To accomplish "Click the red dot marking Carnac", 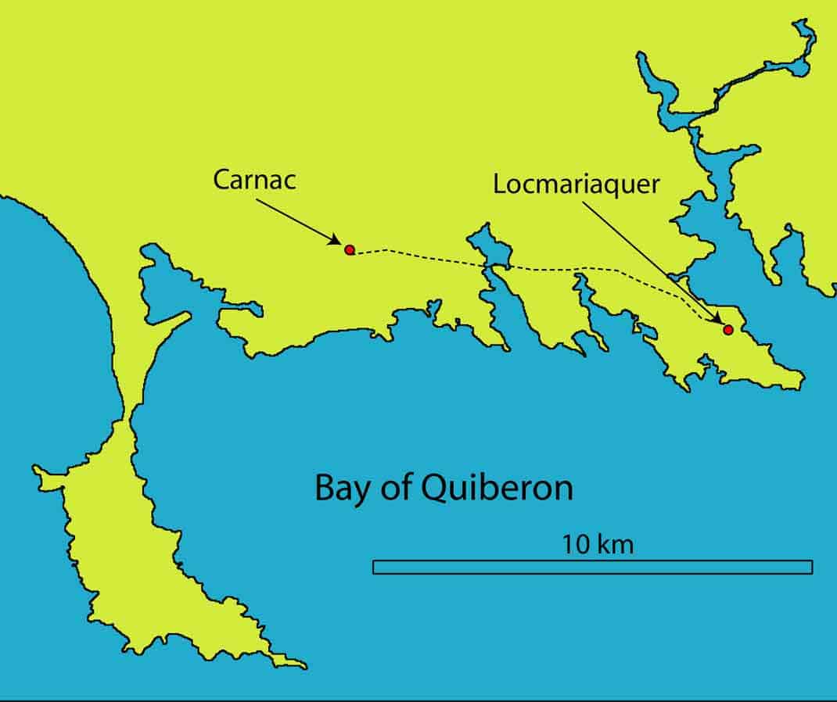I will [350, 249].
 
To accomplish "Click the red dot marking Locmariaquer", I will [727, 330].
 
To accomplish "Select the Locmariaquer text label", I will [577, 185].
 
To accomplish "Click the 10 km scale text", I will [598, 544].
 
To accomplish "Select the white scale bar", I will [592, 567].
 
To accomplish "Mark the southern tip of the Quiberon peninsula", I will [301, 666].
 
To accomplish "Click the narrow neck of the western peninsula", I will [125, 414].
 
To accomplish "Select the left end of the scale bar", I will [375, 567].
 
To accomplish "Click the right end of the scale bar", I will [810, 567].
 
